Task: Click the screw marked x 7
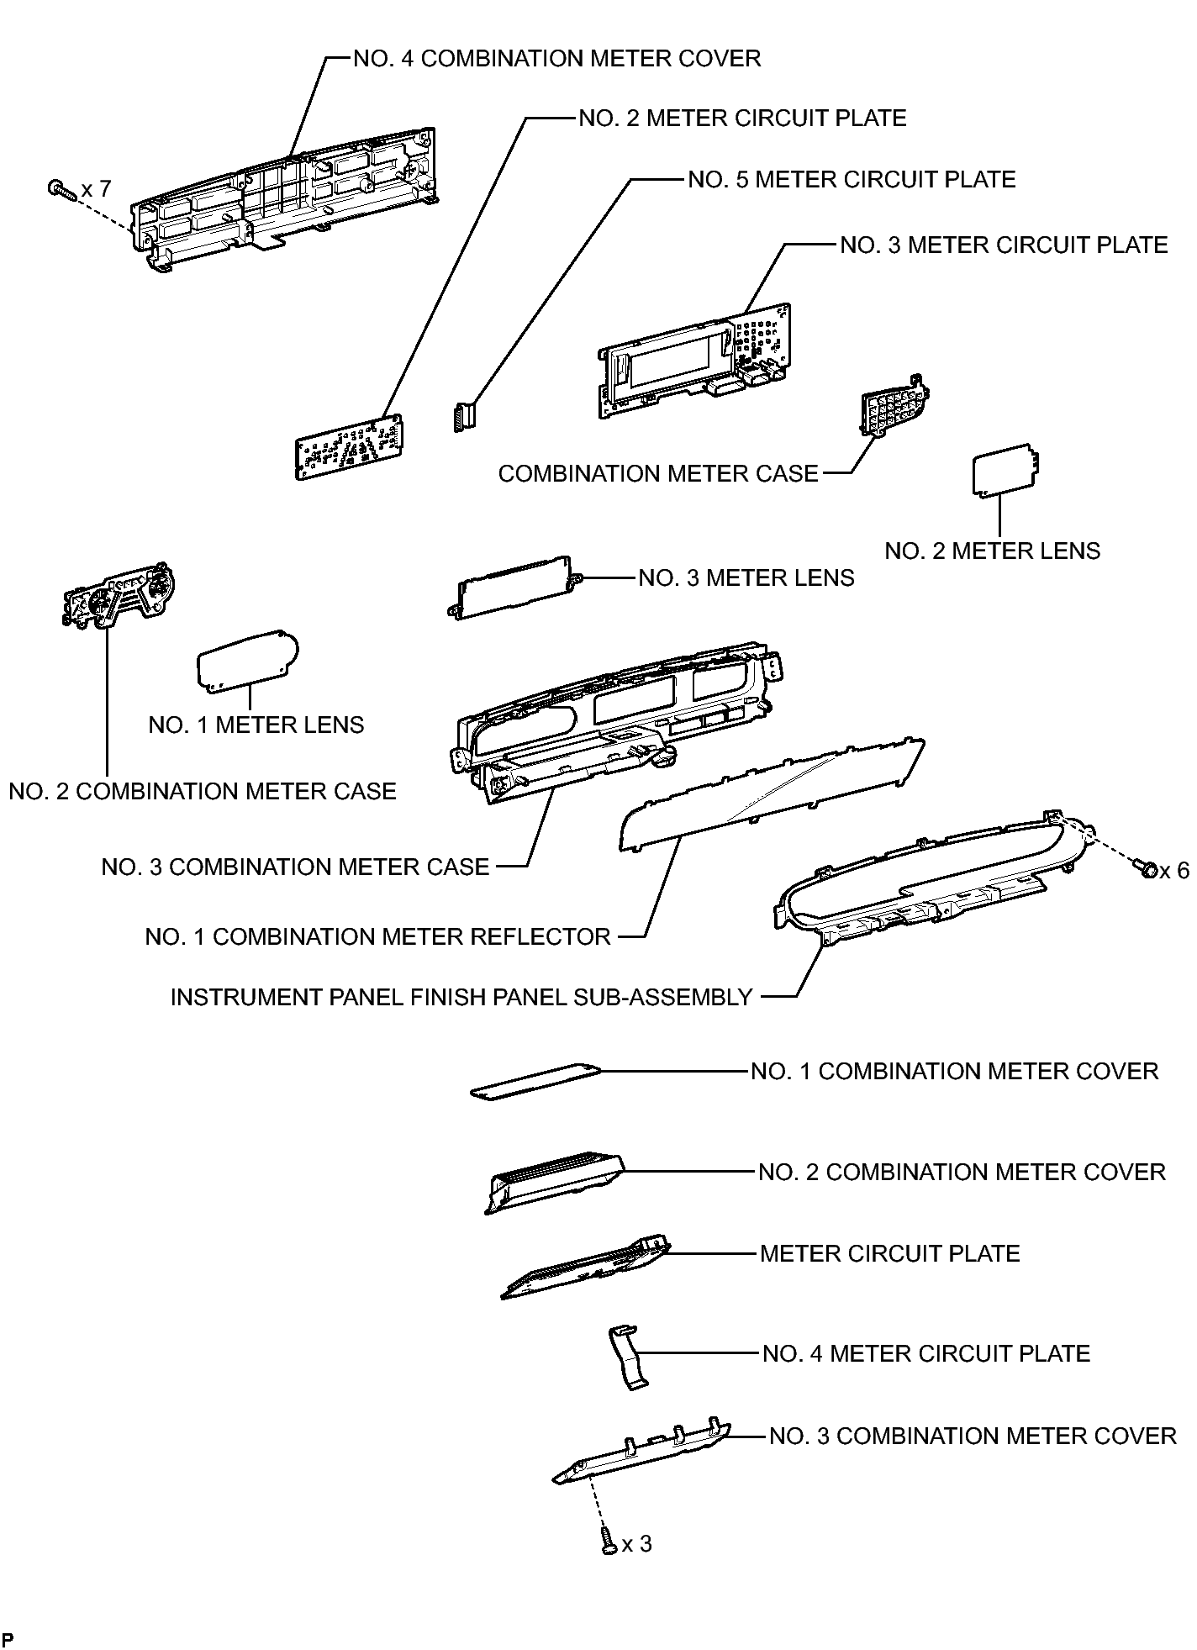point(62,189)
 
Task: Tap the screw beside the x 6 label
point(1145,867)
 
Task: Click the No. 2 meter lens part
point(1006,472)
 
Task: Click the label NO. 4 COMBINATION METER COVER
point(557,59)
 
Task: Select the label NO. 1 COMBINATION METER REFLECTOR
point(378,936)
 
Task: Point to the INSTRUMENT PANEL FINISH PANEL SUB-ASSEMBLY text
point(461,997)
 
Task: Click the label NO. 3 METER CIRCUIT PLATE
point(1005,245)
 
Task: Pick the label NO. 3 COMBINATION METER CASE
point(295,867)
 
